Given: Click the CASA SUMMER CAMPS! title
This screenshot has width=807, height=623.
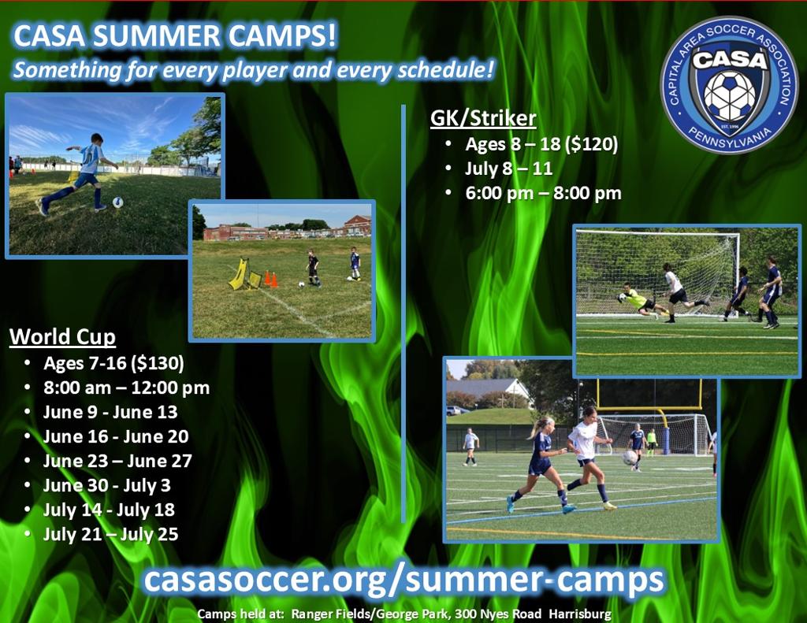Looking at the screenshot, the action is pyautogui.click(x=175, y=35).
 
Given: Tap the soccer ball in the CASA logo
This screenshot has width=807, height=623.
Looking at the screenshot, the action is pyautogui.click(x=729, y=95).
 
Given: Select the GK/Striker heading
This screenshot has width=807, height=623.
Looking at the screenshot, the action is pyautogui.click(x=483, y=118).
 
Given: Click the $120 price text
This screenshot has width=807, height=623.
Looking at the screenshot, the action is pyautogui.click(x=591, y=144).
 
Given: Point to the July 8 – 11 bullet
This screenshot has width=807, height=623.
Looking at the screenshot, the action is pyautogui.click(x=508, y=169).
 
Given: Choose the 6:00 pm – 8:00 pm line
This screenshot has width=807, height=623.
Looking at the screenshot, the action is pyautogui.click(x=544, y=193).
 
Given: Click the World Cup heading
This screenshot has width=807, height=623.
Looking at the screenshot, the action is pyautogui.click(x=62, y=336).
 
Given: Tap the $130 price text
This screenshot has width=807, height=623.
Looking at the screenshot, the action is pyautogui.click(x=158, y=363).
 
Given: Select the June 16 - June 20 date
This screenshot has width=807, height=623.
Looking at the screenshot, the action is pyautogui.click(x=116, y=436).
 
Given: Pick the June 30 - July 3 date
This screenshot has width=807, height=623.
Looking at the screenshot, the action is pyautogui.click(x=106, y=485).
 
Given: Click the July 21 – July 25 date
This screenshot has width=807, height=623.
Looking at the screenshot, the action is pyautogui.click(x=110, y=534).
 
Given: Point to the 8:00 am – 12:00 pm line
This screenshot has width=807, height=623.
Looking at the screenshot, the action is pyautogui.click(x=127, y=388).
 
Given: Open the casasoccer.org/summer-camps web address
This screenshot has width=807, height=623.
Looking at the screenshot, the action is pyautogui.click(x=404, y=579).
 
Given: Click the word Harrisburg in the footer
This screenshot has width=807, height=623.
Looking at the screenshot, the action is pyautogui.click(x=580, y=614).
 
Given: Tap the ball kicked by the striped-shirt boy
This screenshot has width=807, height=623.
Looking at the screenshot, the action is pyautogui.click(x=118, y=202).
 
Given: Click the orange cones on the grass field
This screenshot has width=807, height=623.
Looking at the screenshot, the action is pyautogui.click(x=271, y=279).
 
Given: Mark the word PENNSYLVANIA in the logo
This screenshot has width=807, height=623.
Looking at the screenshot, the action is pyautogui.click(x=730, y=138).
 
